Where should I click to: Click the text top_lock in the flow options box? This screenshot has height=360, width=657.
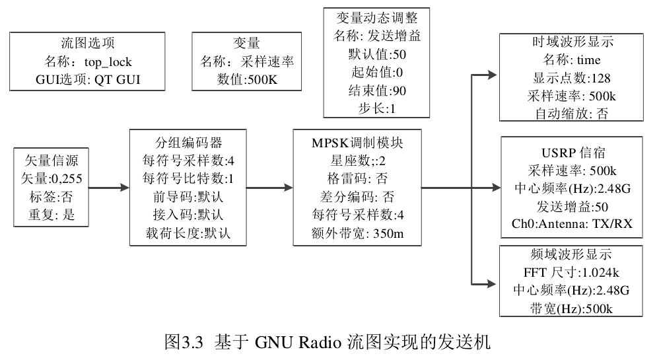point(108,63)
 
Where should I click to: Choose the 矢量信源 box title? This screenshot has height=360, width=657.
point(51,161)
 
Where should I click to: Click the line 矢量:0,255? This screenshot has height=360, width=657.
point(51,178)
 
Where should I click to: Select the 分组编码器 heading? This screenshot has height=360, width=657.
point(188,143)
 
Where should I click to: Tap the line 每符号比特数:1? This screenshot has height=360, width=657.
point(188,178)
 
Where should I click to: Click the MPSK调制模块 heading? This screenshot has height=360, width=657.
point(357,143)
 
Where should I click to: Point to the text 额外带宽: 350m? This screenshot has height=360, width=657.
point(357,232)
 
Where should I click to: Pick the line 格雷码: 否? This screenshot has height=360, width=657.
point(357,178)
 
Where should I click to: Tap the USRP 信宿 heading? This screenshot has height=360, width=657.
point(572,152)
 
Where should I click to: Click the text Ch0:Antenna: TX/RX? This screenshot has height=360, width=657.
point(572,223)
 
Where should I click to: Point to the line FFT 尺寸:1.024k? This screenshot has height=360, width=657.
point(572,272)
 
